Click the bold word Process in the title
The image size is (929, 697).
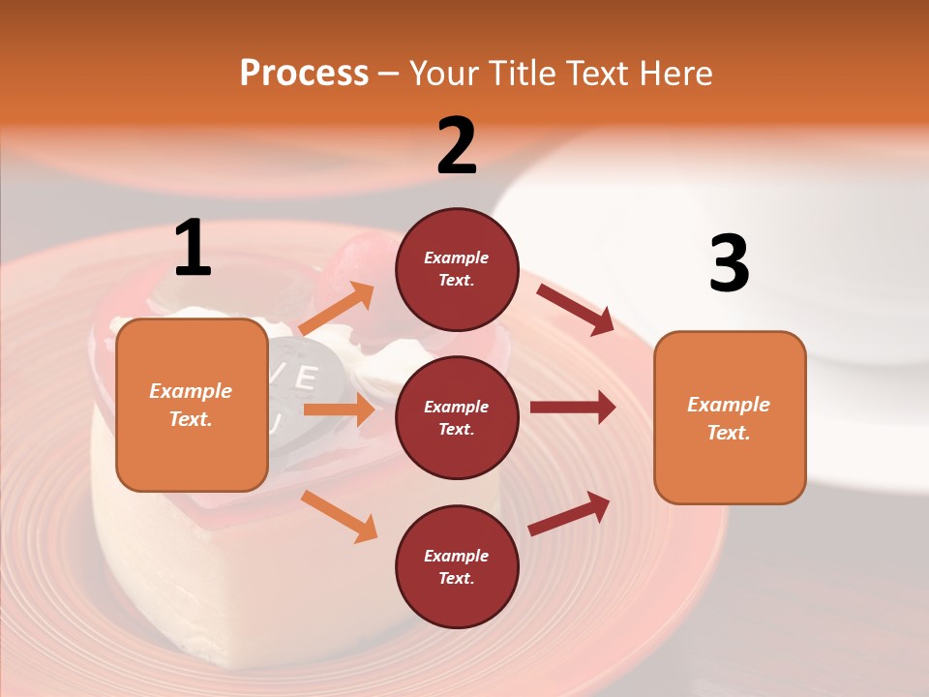click(304, 73)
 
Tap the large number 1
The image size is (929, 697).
click(193, 249)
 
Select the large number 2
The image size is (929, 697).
click(457, 146)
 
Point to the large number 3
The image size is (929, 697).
click(729, 264)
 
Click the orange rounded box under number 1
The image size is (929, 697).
click(192, 405)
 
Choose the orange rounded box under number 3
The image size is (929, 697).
click(730, 417)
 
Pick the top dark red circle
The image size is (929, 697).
click(457, 269)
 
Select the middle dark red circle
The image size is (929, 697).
click(457, 417)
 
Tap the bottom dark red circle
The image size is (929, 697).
click(457, 566)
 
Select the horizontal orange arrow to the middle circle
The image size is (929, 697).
click(339, 409)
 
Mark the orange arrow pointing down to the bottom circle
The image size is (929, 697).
click(339, 516)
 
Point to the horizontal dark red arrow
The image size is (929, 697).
click(572, 408)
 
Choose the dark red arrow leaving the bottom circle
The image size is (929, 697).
click(570, 514)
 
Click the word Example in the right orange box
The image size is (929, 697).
click(729, 405)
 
